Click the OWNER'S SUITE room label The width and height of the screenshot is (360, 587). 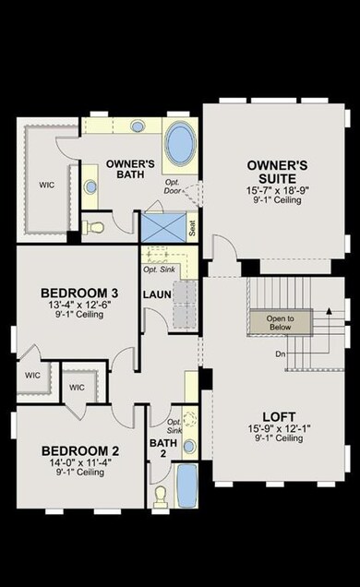tap(277, 172)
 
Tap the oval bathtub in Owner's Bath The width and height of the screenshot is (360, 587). tap(181, 143)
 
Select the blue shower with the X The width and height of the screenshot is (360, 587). tap(162, 227)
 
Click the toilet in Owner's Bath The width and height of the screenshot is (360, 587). tap(93, 227)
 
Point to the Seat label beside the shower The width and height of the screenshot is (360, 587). tap(192, 228)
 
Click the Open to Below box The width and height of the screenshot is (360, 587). tap(281, 323)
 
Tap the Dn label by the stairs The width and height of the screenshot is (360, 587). tap(281, 353)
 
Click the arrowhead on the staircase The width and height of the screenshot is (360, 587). tap(329, 310)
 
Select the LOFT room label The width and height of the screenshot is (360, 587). tap(279, 417)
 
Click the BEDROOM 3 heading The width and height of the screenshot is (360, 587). tap(79, 293)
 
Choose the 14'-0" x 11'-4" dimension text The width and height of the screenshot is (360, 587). tap(80, 462)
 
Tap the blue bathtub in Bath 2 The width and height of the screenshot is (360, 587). tap(186, 485)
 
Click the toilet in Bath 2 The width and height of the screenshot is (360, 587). tap(162, 497)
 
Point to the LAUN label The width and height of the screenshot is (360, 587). tap(157, 294)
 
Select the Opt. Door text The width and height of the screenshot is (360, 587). tap(173, 186)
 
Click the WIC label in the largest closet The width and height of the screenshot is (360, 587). tap(47, 185)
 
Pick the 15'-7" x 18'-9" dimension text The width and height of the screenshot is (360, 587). tap(277, 190)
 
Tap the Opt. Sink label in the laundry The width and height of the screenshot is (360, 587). tap(159, 270)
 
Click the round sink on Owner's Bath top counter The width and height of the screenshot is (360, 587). tap(138, 126)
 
